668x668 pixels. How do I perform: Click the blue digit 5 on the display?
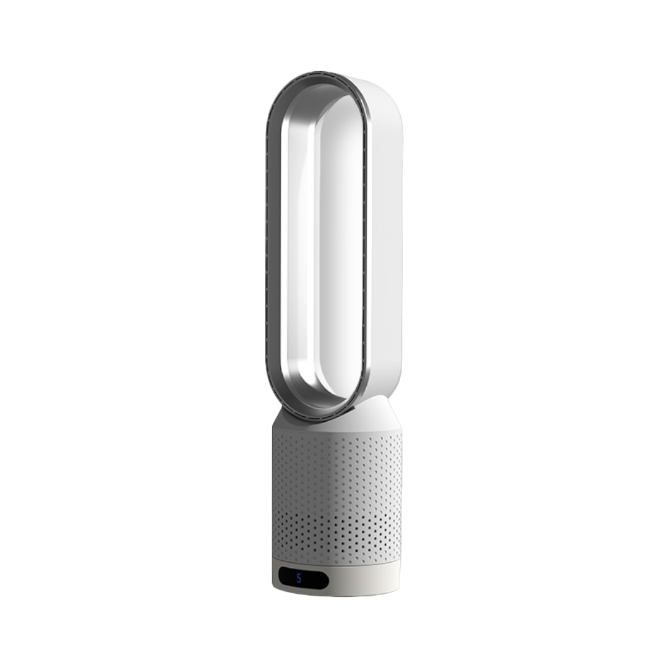tap(299, 578)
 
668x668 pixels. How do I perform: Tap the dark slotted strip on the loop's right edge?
tap(366, 247)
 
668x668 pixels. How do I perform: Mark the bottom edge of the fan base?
tap(337, 595)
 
